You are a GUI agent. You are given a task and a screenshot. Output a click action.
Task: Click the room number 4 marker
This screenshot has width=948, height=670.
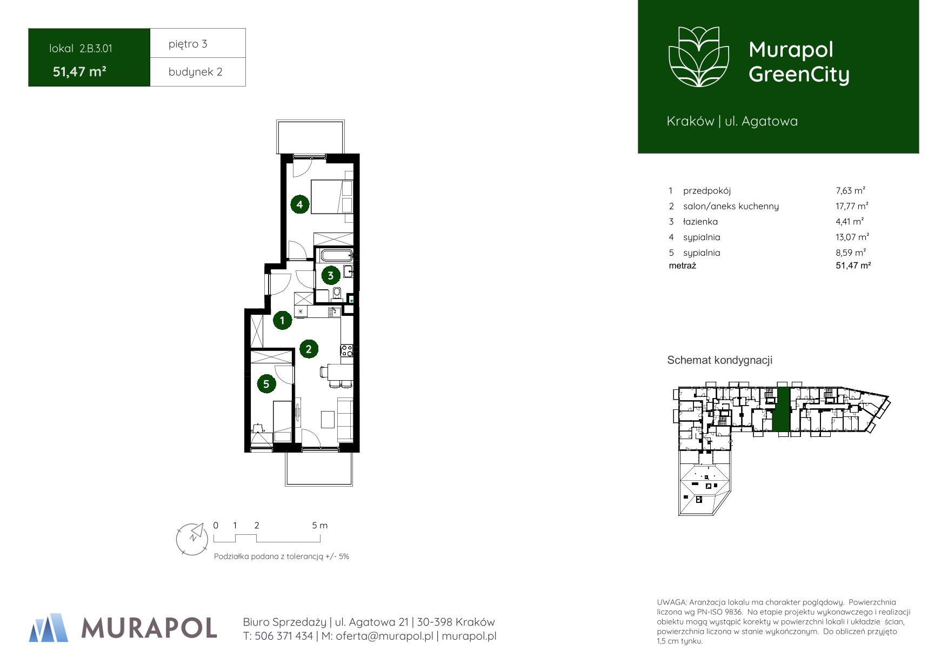tap(299, 204)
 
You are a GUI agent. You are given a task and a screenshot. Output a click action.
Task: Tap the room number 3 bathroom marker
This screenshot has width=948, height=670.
tap(330, 275)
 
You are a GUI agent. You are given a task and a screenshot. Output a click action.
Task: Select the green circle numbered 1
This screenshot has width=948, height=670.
tap(282, 320)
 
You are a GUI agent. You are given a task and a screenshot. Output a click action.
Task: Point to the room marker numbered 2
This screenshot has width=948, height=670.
tap(309, 349)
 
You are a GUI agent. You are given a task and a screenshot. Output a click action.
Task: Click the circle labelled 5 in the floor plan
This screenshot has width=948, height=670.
tap(266, 384)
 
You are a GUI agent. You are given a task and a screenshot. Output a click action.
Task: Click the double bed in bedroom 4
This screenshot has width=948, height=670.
tap(331, 197)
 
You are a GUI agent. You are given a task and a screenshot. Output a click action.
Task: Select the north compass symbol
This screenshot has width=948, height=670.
tap(192, 538)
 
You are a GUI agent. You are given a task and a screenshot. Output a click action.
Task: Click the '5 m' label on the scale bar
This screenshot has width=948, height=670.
tap(320, 525)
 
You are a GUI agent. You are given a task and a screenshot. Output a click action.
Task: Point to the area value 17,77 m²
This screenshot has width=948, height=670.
tap(852, 206)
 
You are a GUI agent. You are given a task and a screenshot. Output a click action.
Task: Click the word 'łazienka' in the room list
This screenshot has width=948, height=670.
tap(700, 222)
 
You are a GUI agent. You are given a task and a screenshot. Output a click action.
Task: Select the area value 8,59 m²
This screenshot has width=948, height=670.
tap(851, 253)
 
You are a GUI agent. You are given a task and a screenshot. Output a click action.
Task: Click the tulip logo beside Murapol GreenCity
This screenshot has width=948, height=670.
tap(699, 57)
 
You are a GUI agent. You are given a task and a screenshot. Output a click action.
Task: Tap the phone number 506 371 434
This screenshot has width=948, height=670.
tap(284, 636)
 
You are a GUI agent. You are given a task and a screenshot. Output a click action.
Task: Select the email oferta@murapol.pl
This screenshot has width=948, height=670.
tap(384, 636)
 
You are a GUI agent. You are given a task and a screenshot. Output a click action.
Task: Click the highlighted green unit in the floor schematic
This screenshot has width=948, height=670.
tap(781, 409)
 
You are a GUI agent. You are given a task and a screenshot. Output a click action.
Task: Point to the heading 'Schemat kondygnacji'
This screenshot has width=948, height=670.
tap(720, 360)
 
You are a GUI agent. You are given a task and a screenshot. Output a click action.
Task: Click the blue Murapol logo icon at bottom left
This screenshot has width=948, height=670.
tap(49, 627)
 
